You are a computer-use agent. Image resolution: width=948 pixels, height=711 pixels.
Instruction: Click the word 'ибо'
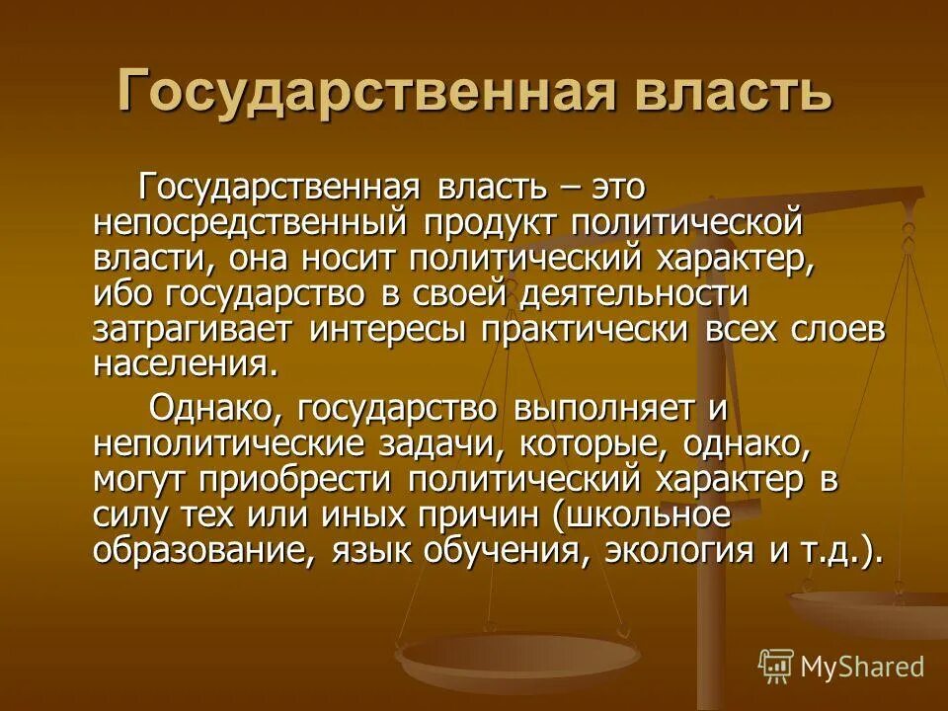(121, 294)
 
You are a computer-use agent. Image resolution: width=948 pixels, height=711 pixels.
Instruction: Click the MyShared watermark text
(861, 666)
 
